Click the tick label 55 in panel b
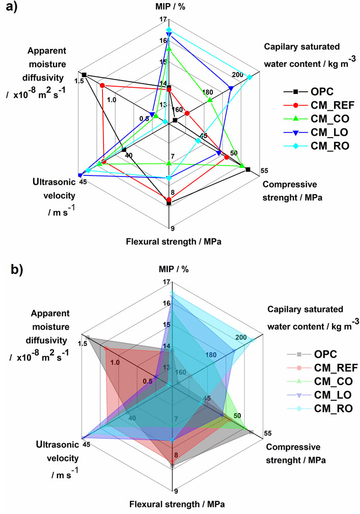(x=268, y=433)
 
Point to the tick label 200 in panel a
(x=237, y=74)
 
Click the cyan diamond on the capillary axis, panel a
(x=249, y=77)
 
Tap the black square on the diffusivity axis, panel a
(x=85, y=75)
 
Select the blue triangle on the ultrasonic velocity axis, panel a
(x=80, y=174)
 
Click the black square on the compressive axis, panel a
(x=248, y=169)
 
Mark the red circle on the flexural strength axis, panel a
(x=169, y=199)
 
